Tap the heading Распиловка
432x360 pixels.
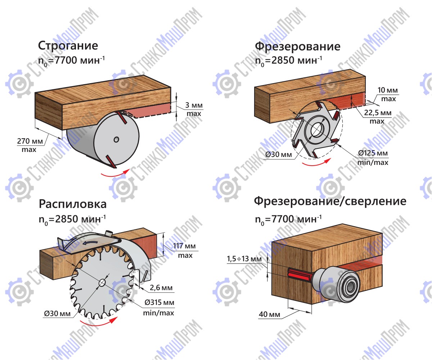coord(73,204)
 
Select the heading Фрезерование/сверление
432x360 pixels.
coord(330,201)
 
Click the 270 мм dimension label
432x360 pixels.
coord(30,141)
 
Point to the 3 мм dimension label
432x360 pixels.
coord(194,105)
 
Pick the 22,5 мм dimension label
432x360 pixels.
coord(378,113)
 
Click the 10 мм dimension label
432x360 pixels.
coord(387,90)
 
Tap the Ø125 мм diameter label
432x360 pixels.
coord(373,153)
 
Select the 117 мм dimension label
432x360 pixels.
coord(184,246)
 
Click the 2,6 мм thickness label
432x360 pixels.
coord(161,288)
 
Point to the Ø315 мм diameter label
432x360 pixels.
coord(159,302)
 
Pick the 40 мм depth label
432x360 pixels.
coord(269,314)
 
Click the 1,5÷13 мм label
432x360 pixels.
coord(244,258)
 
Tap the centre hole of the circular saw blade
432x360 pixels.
coord(102,283)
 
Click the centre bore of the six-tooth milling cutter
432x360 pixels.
coord(316,130)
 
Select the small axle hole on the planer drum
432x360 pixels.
coord(116,140)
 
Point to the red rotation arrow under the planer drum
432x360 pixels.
coord(115,174)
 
